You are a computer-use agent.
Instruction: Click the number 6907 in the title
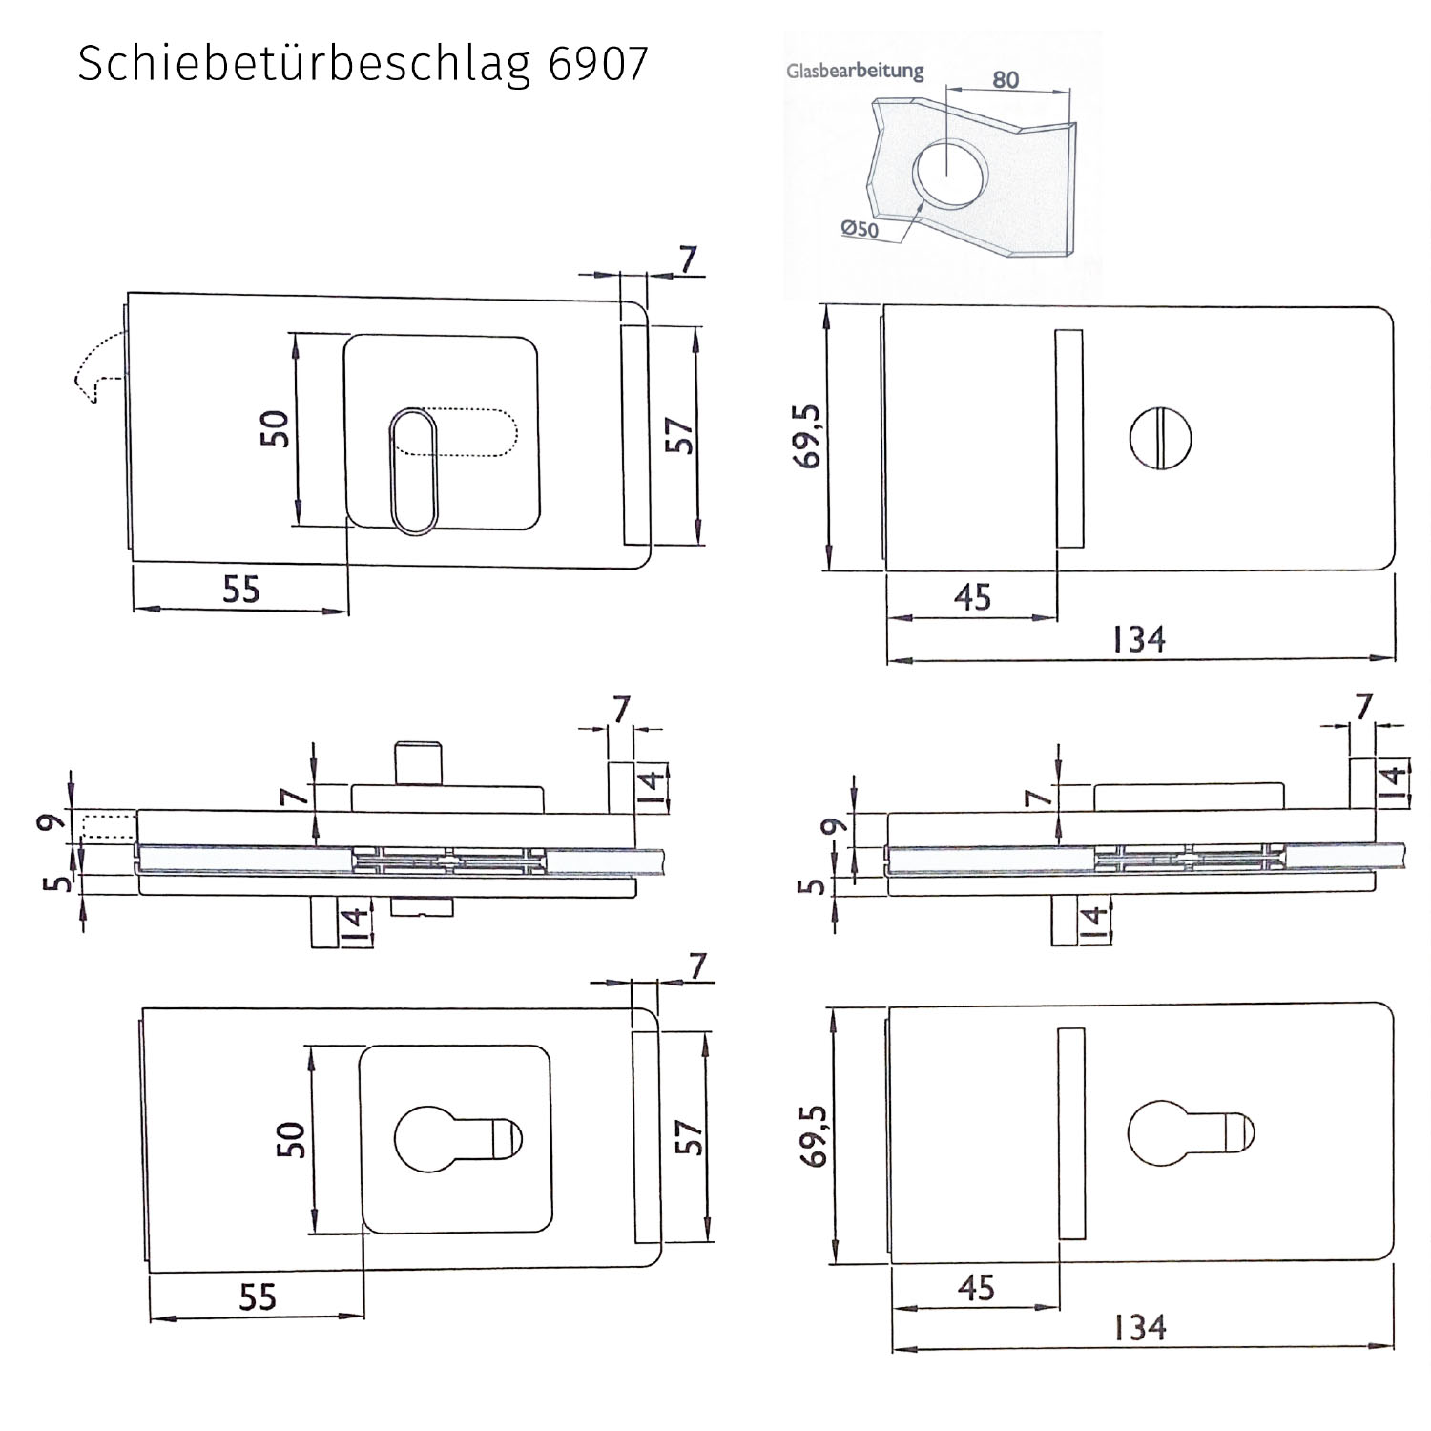598,64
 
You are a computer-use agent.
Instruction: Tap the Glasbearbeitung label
855,71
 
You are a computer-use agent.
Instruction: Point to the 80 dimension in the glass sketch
1006,79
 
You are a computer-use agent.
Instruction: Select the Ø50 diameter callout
860,228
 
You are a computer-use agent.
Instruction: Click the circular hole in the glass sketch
944,173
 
